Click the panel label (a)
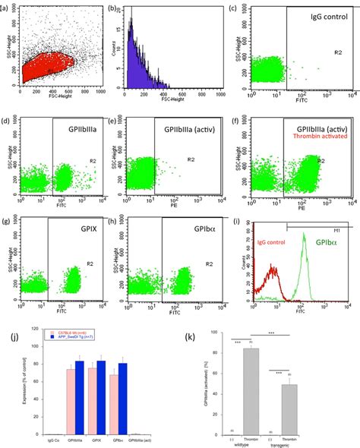pyautogui.click(x=9, y=10)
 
